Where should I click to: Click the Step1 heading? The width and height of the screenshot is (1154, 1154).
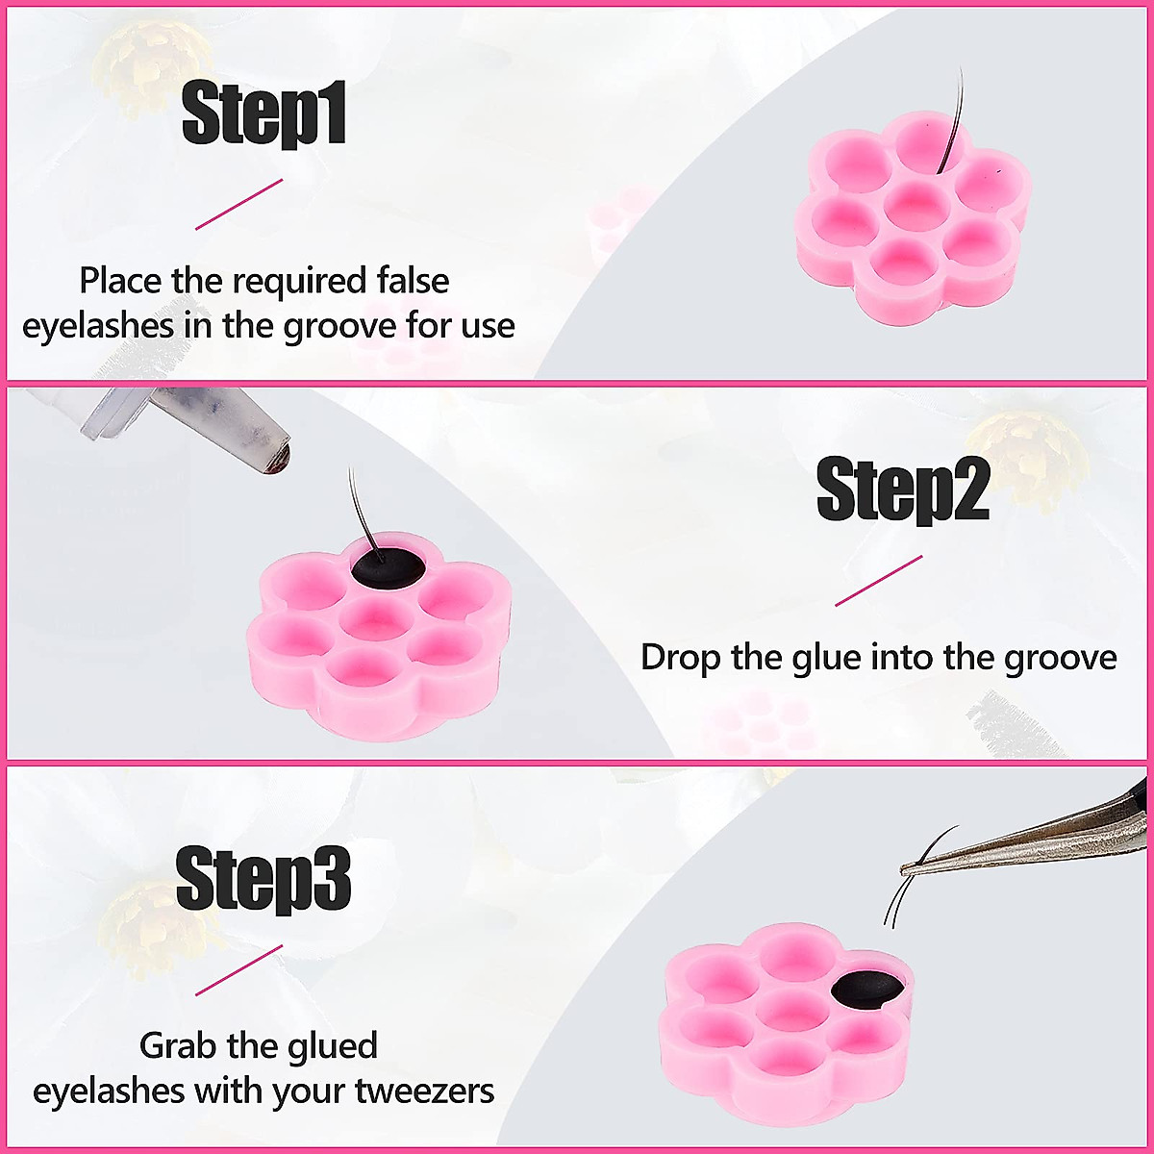click(x=263, y=114)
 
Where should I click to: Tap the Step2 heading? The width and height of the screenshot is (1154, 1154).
click(x=902, y=490)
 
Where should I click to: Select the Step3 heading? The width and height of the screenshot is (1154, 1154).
click(x=263, y=878)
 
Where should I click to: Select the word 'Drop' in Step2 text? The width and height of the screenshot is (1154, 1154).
click(x=681, y=659)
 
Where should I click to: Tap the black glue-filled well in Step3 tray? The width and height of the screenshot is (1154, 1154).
click(x=867, y=991)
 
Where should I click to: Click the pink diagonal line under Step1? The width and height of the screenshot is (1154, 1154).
click(x=239, y=204)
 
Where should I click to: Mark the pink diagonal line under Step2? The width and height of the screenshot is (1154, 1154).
click(x=878, y=581)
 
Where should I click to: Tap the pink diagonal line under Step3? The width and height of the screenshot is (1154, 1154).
click(x=239, y=970)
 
